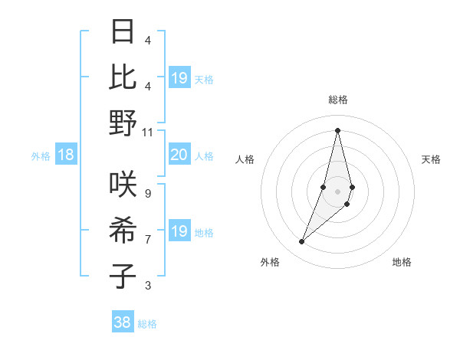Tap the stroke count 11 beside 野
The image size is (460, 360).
(148, 132)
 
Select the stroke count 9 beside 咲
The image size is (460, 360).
(148, 193)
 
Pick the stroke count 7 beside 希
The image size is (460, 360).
(148, 240)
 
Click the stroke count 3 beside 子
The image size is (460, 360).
(148, 286)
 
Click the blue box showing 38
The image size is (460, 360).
(123, 322)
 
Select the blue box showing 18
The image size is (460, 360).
(65, 155)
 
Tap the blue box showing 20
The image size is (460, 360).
(179, 155)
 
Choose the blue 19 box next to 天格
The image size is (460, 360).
(179, 77)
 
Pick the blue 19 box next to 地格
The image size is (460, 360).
(179, 231)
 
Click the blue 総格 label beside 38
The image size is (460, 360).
(147, 324)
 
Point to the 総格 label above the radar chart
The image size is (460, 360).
(337, 100)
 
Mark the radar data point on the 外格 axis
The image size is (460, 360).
(302, 242)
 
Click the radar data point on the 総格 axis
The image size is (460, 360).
(337, 130)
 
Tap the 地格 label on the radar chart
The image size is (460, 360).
(402, 262)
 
